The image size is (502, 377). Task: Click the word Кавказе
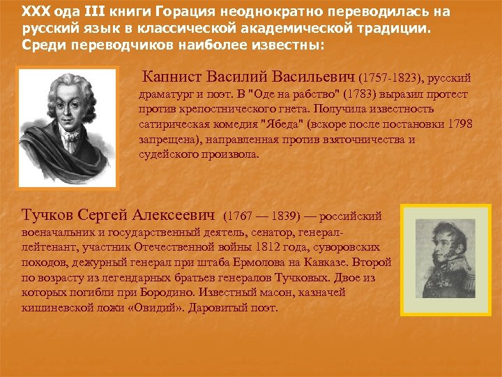pos(331,262)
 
